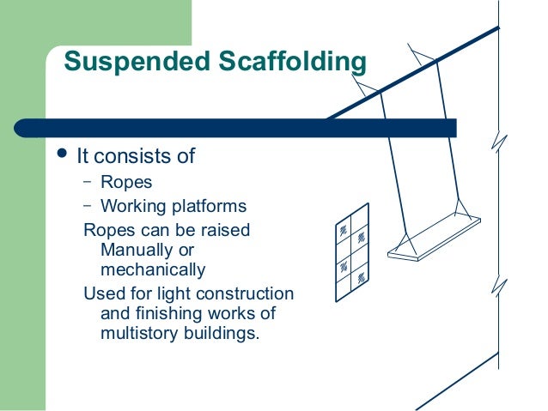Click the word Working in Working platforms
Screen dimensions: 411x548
tap(131, 207)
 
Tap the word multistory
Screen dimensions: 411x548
tap(137, 333)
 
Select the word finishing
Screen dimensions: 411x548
tap(160, 313)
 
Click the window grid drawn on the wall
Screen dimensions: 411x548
tap(352, 251)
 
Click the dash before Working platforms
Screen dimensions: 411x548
tap(87, 207)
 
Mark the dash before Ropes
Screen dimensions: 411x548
tap(87, 182)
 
